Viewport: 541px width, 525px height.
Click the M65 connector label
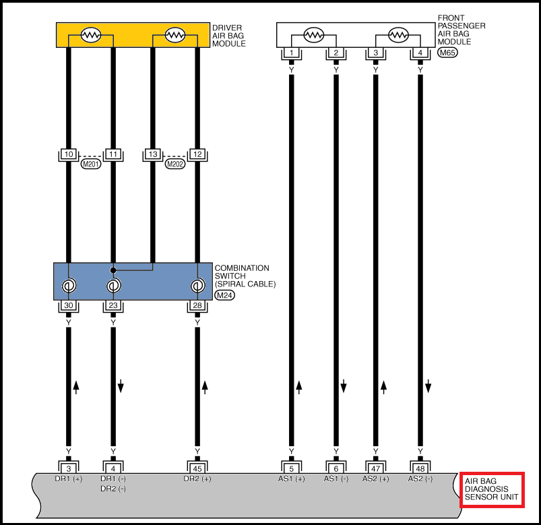coord(447,53)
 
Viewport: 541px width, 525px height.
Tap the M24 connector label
coord(224,295)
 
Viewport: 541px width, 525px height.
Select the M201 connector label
coord(91,164)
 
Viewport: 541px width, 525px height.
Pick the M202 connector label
coord(175,164)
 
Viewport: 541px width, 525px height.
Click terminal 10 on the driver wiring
coord(69,154)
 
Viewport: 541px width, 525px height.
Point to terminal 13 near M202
coord(153,154)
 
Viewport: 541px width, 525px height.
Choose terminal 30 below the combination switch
coord(69,305)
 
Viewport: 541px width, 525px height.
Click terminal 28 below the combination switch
coord(197,305)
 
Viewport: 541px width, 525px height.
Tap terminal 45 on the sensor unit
coord(197,469)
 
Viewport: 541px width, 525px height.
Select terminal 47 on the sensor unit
coord(376,469)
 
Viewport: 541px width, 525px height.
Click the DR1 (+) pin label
coord(69,478)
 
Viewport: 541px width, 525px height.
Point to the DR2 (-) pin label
coord(113,489)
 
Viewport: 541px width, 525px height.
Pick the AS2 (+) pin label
coord(376,478)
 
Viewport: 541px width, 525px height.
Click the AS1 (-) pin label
coord(336,478)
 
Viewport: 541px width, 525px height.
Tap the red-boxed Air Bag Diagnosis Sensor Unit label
coord(492,489)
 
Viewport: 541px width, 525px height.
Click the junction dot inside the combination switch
coord(113,270)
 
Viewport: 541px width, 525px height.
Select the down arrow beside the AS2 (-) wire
coord(428,386)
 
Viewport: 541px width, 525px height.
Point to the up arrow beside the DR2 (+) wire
coord(205,388)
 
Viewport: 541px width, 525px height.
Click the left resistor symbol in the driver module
coord(91,35)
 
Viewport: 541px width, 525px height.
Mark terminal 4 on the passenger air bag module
coord(420,53)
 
